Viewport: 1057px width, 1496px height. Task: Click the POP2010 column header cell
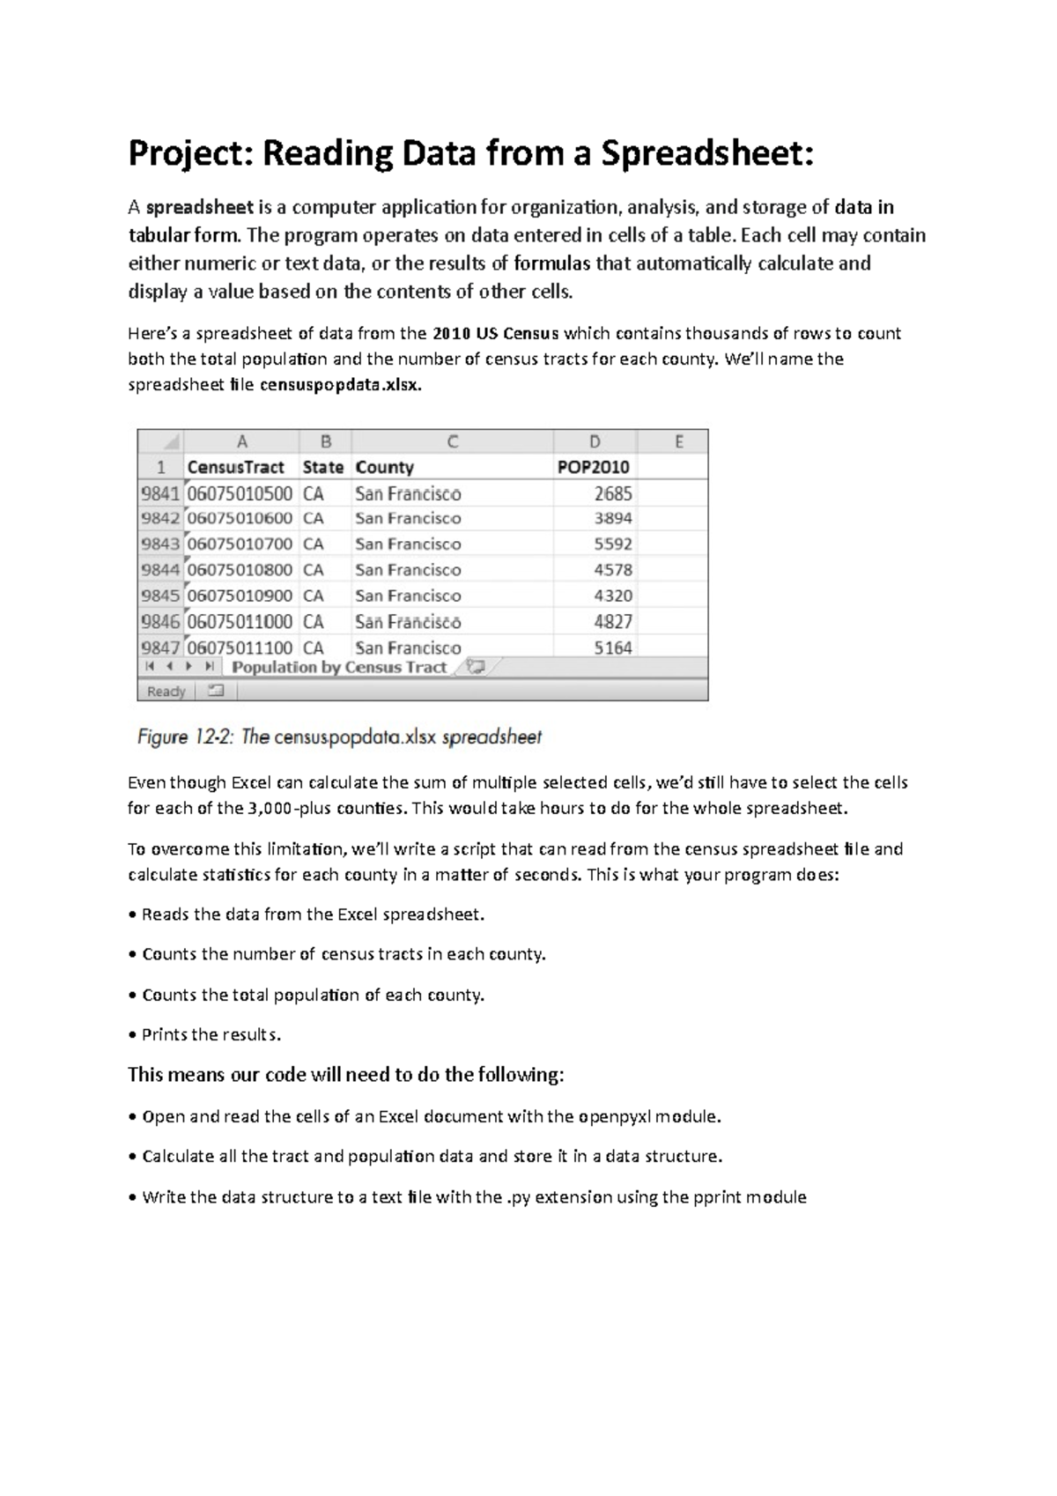pos(593,467)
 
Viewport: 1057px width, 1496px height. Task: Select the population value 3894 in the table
pos(612,518)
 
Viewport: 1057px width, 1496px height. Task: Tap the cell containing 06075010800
pos(240,570)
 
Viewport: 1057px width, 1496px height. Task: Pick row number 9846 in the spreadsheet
pos(159,621)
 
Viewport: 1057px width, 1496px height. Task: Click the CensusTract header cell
pos(235,467)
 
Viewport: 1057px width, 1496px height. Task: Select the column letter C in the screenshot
pos(452,441)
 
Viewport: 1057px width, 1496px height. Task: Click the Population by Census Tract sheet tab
pos(339,667)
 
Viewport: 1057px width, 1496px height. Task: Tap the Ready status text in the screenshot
pos(166,692)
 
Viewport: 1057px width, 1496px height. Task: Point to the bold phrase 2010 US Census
pos(495,334)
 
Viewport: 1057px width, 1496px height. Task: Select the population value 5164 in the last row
pos(612,648)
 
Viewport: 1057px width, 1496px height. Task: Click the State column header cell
pos(322,467)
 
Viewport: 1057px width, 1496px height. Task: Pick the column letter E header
pos(678,441)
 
